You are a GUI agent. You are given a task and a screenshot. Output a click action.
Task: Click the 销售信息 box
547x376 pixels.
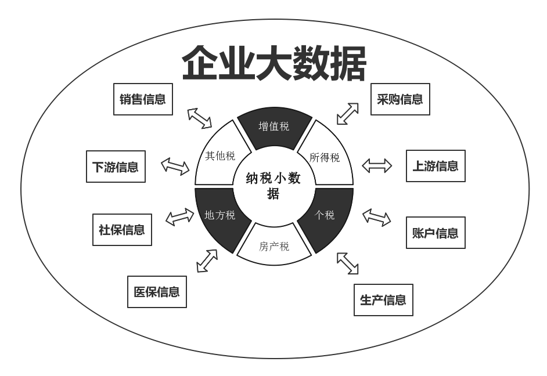point(143,99)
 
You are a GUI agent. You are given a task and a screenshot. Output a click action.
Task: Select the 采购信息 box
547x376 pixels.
point(400,99)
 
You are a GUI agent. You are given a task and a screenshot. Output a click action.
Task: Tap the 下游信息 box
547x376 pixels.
point(116,167)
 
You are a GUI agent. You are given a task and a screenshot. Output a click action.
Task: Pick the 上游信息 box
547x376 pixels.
point(436,166)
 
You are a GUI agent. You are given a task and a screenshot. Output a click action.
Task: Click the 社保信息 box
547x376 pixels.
point(122,230)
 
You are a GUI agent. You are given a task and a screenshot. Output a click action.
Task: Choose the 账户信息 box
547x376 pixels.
point(436,233)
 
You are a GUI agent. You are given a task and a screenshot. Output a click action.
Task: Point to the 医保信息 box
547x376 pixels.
point(157,292)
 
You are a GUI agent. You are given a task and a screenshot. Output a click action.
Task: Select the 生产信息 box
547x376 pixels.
point(383,300)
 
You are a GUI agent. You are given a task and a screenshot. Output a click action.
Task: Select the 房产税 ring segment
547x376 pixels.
point(274,246)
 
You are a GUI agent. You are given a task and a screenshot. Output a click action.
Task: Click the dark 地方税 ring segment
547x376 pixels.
point(221,216)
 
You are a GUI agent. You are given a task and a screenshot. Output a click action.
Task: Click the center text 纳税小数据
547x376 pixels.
point(273,185)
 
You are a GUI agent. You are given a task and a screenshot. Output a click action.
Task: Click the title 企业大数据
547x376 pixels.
point(274,63)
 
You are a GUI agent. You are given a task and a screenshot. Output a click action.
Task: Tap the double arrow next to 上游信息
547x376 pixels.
point(377,166)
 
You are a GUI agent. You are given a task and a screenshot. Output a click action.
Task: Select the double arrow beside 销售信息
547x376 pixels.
point(200,118)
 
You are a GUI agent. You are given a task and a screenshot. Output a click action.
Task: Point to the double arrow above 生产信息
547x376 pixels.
point(347,263)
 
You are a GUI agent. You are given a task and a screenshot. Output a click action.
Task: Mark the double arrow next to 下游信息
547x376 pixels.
point(175,167)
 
